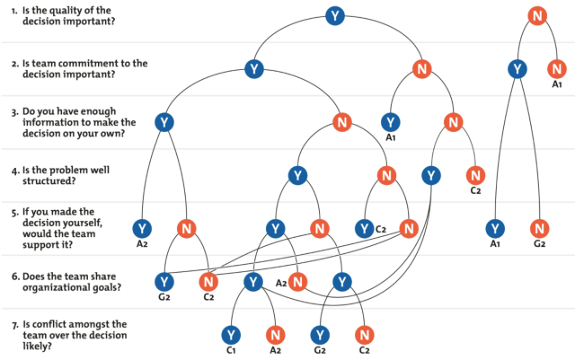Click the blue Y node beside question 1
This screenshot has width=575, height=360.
pyautogui.click(x=335, y=16)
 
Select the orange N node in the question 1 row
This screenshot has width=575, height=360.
pyautogui.click(x=537, y=16)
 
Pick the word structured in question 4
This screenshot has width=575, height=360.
pyautogui.click(x=49, y=180)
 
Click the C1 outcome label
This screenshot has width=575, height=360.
pyautogui.click(x=231, y=350)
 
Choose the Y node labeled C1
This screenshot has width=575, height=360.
pyautogui.click(x=231, y=335)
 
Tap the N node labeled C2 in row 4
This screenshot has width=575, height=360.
pyautogui.click(x=475, y=175)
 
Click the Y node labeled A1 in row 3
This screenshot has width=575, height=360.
pyautogui.click(x=391, y=122)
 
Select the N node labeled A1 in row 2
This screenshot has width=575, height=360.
pyautogui.click(x=557, y=69)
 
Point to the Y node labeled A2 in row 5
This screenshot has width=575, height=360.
pyautogui.click(x=142, y=228)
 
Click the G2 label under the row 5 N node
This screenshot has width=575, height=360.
pyautogui.click(x=539, y=244)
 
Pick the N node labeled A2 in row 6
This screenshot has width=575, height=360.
pyautogui.click(x=297, y=282)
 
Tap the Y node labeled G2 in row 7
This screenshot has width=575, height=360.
pyautogui.click(x=320, y=335)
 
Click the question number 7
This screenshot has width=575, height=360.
pyautogui.click(x=14, y=325)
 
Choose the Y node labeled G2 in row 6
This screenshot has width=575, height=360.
pyautogui.click(x=164, y=282)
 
